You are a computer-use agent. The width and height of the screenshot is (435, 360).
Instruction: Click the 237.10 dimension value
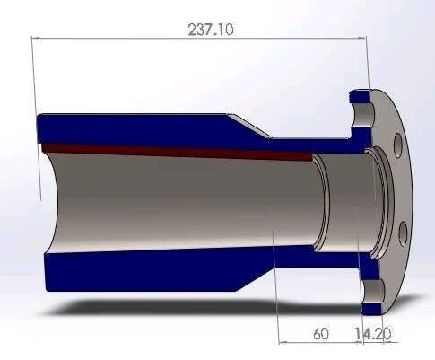pos(210,29)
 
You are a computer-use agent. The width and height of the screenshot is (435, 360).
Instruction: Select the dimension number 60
pos(320,334)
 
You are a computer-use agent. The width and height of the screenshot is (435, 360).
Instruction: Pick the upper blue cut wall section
pos(135,127)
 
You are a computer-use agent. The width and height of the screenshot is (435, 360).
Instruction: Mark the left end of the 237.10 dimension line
pos(33,38)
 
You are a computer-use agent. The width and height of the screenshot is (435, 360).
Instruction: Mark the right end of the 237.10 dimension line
pos(366,38)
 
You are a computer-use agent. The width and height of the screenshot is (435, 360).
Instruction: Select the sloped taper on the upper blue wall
pos(251,125)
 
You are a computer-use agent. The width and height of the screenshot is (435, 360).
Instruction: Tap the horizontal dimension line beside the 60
pos(296,341)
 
